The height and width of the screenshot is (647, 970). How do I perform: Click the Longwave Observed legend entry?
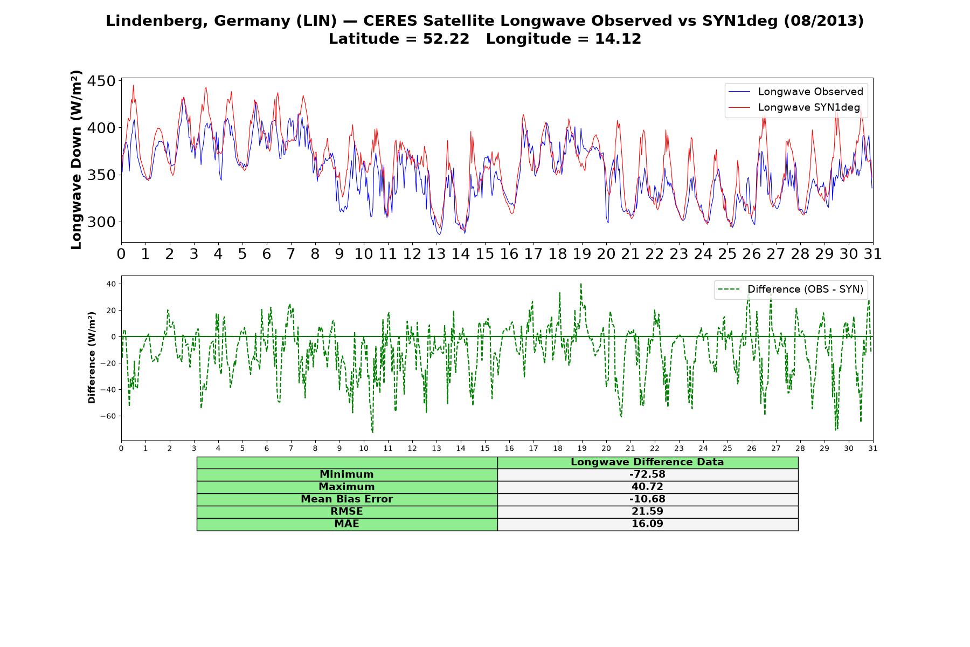795,92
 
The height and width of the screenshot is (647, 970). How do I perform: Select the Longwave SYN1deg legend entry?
794,107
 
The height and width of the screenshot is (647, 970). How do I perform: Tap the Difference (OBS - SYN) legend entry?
791,290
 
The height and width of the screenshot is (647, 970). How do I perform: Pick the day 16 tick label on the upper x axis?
509,254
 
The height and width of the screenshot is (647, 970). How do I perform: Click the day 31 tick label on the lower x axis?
873,449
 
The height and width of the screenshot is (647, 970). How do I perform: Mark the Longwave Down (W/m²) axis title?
76,160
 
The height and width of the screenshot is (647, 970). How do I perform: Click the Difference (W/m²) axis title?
92,357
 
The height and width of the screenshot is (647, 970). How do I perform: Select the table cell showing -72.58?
647,474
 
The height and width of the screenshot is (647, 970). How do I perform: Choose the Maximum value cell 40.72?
647,487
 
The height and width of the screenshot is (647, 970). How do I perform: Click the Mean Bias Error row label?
347,499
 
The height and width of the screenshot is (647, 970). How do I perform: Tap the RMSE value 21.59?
647,512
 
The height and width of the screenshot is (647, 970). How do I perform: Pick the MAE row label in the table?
347,524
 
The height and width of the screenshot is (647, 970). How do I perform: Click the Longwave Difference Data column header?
647,462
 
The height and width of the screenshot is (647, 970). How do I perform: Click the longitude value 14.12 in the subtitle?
618,39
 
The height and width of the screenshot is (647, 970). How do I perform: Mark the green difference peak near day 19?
581,284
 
